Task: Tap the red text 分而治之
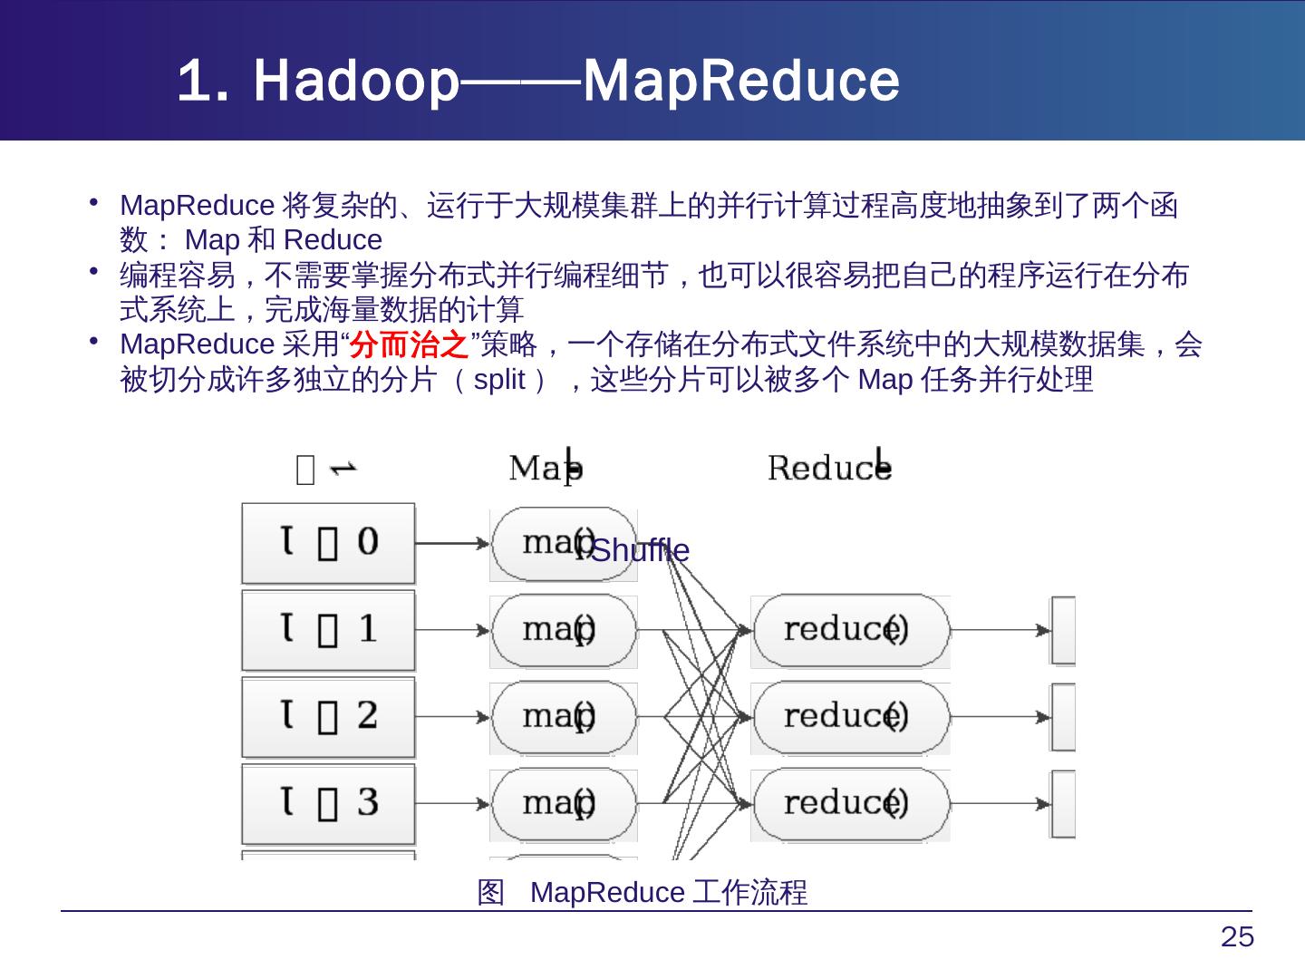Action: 412,345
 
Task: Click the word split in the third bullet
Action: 499,380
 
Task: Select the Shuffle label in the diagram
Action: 640,551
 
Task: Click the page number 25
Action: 1237,937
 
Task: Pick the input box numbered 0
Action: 328,544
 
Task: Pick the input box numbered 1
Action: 328,630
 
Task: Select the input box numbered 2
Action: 328,717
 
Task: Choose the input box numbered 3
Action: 328,803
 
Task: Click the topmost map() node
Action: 562,544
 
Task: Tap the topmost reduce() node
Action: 850,630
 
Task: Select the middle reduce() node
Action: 850,717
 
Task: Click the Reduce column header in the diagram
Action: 829,468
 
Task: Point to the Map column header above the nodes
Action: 546,468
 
